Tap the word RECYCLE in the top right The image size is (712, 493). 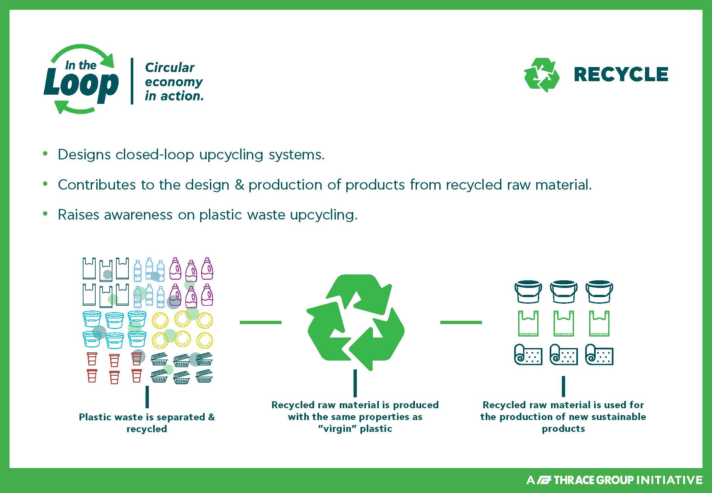621,74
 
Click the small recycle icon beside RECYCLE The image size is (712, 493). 541,75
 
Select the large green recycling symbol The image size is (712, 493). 356,322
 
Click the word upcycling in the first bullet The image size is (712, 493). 231,155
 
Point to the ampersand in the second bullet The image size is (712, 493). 239,185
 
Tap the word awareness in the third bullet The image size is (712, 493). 138,215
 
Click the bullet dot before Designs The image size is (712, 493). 45,153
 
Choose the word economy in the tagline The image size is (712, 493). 174,82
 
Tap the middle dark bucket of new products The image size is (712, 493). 564,292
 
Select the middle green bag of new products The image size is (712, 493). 564,323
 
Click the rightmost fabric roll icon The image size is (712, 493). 599,354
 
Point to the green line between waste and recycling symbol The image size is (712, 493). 261,322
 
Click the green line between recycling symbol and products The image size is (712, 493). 461,322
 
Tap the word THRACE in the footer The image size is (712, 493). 575,480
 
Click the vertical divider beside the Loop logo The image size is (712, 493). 132,81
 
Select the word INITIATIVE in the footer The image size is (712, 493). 669,480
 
